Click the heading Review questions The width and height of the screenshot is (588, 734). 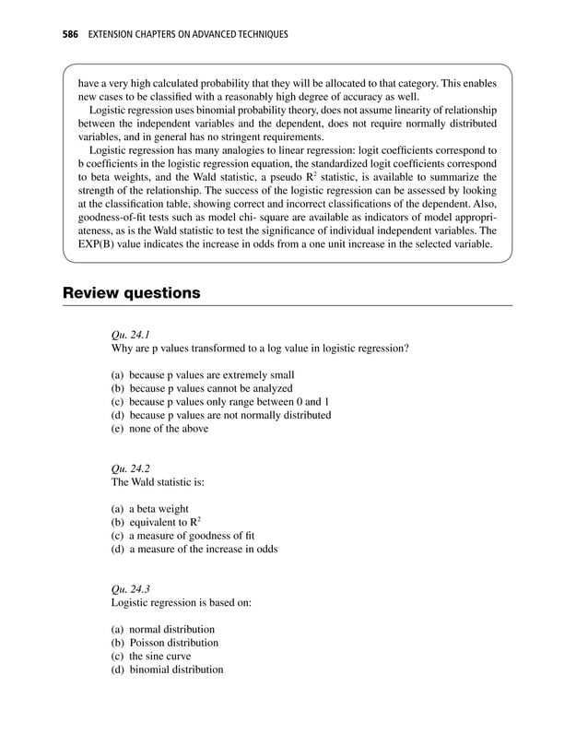[x=131, y=293]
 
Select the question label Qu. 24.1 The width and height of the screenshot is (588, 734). [x=131, y=336]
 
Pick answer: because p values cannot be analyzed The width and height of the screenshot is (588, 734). [x=211, y=388]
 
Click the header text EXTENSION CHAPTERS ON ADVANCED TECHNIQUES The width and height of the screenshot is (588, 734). [x=188, y=34]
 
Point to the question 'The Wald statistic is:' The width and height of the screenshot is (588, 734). [x=162, y=481]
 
